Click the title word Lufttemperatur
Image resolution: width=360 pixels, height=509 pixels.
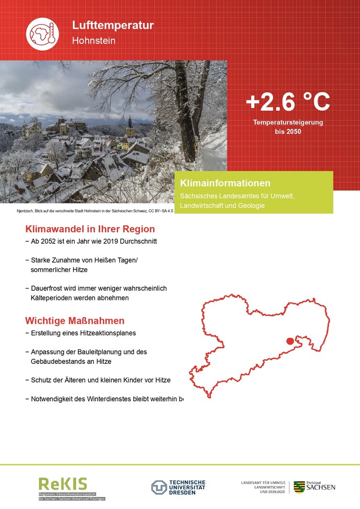pos(113,25)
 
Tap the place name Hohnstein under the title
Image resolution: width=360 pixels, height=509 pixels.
pos(93,40)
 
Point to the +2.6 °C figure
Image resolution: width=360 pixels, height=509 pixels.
pos(287,102)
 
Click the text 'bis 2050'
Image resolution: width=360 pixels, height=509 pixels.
pos(288,132)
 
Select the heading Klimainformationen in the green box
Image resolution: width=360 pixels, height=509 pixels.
pos(225,183)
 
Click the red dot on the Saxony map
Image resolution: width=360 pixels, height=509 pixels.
pos(290,341)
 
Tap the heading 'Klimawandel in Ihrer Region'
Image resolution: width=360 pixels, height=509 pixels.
pos(90,229)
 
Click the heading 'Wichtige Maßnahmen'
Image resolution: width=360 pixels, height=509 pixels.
pos(75,321)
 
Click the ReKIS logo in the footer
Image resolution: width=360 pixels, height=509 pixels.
pos(63,484)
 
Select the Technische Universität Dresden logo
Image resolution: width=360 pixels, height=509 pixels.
pos(178,488)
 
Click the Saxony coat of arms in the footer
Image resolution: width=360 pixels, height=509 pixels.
pos(299,487)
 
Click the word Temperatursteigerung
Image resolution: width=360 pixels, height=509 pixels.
pos(288,122)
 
